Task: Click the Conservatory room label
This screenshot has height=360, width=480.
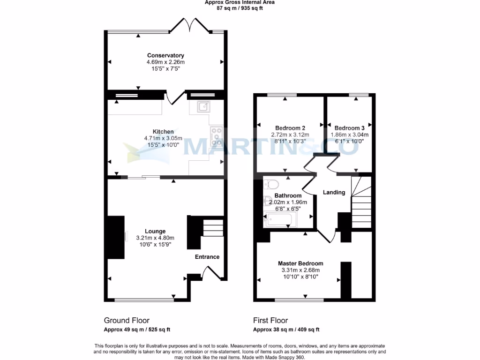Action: coord(165,55)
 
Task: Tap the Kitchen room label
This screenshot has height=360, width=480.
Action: coord(163,132)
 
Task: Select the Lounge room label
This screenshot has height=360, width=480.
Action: coord(155,231)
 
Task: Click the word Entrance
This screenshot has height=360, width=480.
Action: coord(207,257)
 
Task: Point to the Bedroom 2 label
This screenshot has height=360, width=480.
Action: coord(290,128)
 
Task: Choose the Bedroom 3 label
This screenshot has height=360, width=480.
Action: coord(349,128)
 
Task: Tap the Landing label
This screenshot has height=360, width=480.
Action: coord(334,192)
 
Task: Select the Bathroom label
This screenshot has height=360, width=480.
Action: coord(288,195)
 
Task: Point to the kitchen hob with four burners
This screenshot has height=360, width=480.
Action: coord(217,136)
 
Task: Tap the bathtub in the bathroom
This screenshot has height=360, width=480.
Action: coord(280,219)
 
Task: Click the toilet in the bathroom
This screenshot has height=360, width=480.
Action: coord(272,183)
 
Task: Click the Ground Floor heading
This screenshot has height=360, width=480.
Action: coord(127,321)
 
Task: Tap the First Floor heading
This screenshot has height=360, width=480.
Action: coord(270,321)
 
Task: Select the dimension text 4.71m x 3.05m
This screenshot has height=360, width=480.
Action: coord(163,138)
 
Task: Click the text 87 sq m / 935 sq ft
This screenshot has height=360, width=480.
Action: coord(240,8)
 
